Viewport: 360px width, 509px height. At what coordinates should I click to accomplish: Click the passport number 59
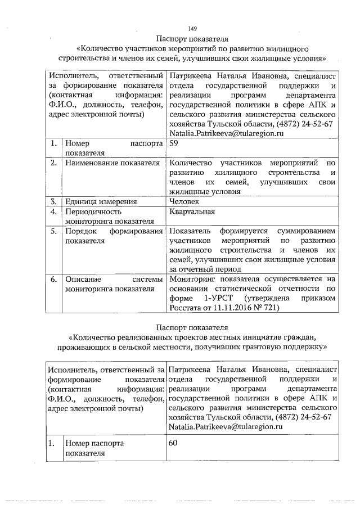click(x=174, y=143)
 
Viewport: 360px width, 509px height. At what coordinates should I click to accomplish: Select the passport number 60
click(x=174, y=444)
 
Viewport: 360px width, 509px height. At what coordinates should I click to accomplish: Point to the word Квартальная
click(x=192, y=212)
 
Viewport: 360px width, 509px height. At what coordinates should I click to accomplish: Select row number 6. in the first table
click(x=52, y=279)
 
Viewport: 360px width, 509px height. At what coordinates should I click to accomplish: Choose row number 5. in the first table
click(x=52, y=231)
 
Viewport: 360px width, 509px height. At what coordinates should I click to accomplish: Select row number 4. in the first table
click(x=52, y=212)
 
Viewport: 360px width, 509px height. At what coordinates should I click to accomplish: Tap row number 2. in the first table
click(x=52, y=163)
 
